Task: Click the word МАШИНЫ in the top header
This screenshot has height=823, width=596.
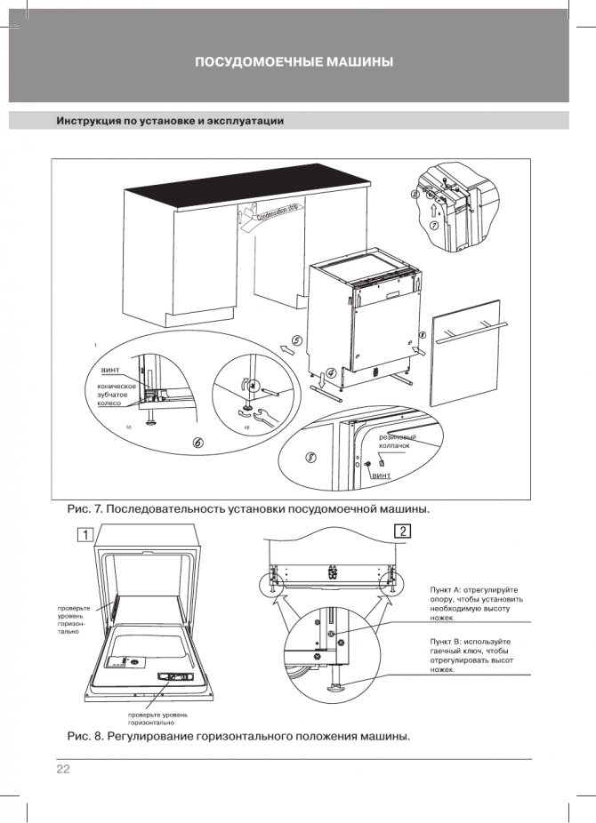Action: coord(356,62)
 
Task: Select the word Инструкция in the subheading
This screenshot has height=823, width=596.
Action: coord(89,121)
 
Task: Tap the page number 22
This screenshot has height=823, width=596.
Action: coord(63,769)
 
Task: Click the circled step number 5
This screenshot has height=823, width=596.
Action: coord(296,340)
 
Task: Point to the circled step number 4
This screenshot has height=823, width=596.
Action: coord(330,373)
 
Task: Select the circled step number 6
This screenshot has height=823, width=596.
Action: coord(197,442)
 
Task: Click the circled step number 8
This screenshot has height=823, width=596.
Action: coord(310,459)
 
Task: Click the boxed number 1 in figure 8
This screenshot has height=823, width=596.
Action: coord(84,535)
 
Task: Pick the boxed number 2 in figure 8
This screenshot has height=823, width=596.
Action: coord(403,531)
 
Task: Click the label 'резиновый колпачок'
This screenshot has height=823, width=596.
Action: coord(398,443)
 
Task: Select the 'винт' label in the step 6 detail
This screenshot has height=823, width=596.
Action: coord(110,369)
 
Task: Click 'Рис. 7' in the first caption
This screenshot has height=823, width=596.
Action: coord(87,509)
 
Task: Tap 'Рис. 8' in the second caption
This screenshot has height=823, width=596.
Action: coord(87,737)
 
